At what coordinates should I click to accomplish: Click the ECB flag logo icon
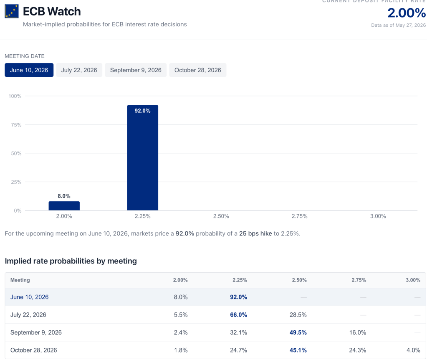coord(12,11)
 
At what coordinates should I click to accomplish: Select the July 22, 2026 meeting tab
coord(79,70)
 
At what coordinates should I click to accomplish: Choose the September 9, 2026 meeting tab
coord(136,70)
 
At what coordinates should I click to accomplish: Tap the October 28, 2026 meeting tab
coord(198,70)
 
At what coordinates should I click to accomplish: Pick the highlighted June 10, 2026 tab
coord(29,70)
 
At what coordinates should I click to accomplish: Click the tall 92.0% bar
coord(143,158)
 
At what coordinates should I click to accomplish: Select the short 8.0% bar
coord(64,206)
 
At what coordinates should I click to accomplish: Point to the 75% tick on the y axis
coord(16,125)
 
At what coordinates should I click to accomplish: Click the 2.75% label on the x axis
coord(300,216)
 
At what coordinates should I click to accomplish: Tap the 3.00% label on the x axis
coord(378,216)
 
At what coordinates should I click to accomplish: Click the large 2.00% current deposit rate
coord(407,13)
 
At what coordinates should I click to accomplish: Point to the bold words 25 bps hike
coord(255,233)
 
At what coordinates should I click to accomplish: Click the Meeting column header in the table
coord(20,280)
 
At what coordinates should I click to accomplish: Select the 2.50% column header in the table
coord(299,280)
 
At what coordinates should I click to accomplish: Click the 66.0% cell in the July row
coord(239,315)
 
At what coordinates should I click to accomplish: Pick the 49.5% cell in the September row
coord(298,332)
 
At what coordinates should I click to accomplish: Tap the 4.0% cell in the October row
coord(413,350)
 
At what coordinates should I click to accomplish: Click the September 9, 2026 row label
coord(36,332)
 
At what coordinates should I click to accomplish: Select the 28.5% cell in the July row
coord(298,315)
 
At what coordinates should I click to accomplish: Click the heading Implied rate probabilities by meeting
coord(71,261)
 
